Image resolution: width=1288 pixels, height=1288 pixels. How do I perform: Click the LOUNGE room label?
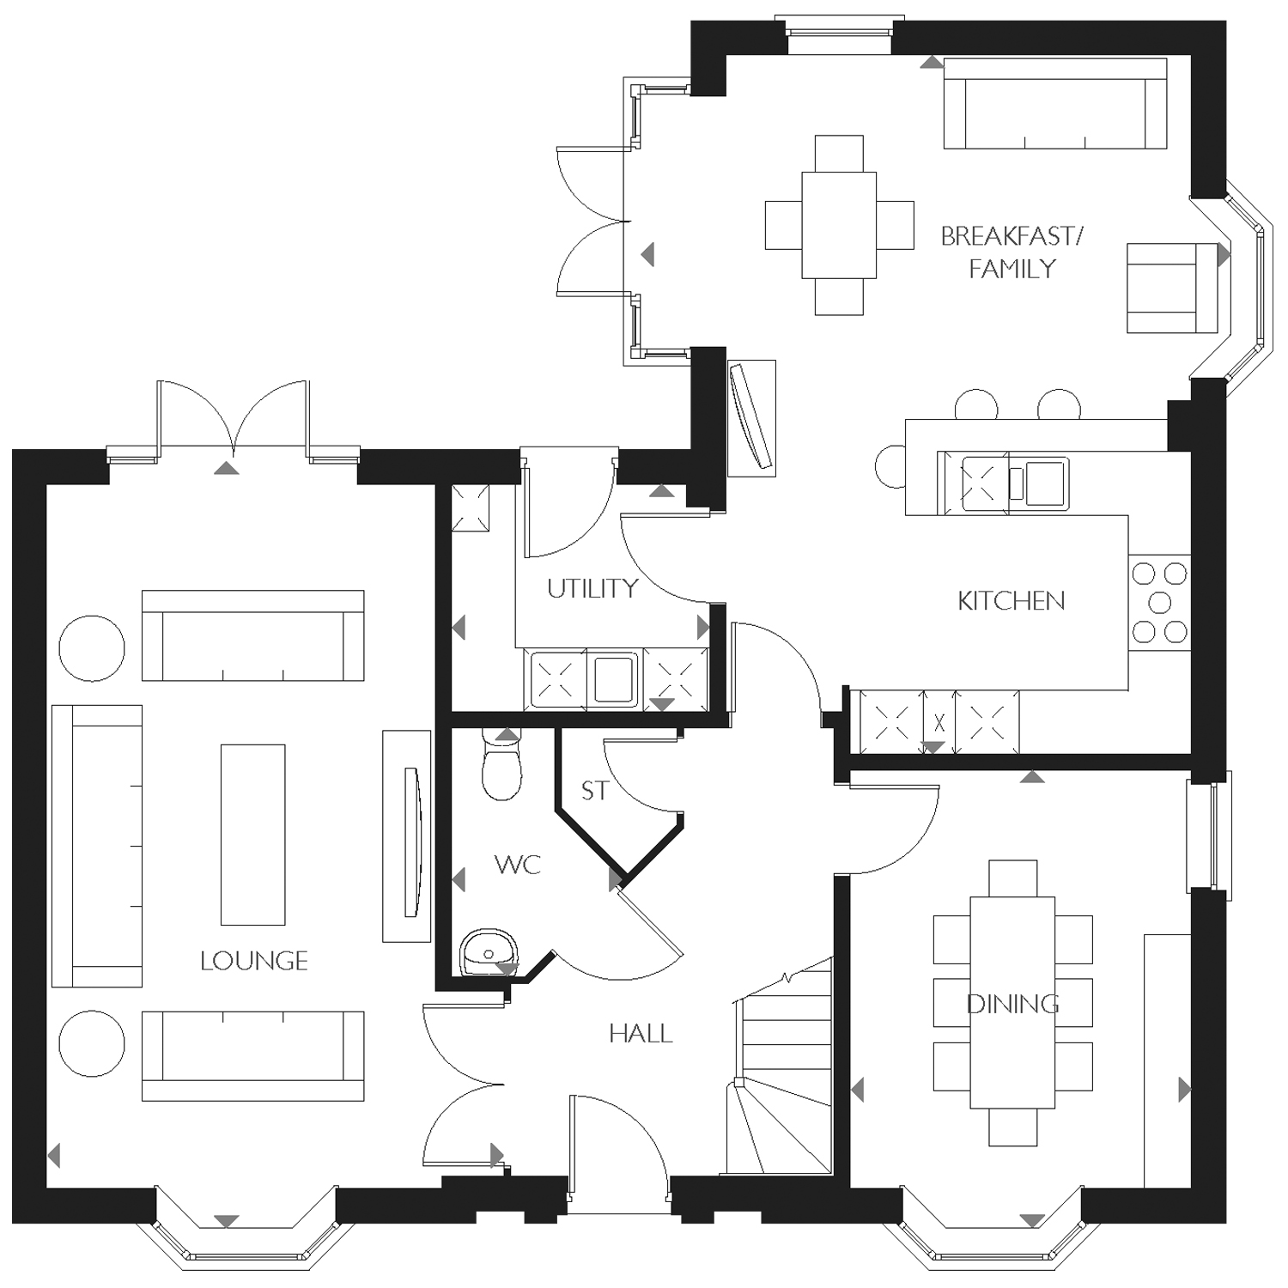coord(253,961)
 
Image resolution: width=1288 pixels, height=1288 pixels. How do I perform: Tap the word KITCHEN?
coord(1011,601)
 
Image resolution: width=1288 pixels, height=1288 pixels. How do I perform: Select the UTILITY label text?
coord(592,589)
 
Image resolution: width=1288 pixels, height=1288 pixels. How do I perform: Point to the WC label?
coord(518,865)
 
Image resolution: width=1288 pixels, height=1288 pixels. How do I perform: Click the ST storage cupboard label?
coord(594,791)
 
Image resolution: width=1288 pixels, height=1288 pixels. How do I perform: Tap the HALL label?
coord(641,1034)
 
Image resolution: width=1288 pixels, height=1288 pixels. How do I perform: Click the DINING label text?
coord(1012,1004)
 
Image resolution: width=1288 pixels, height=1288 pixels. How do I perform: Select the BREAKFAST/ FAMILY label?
coord(1012,252)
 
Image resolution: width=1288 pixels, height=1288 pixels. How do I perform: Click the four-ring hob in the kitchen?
coord(1159,602)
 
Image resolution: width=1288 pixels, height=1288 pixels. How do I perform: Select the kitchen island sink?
coord(1044,483)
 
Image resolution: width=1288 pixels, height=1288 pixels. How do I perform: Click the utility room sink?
coord(612,678)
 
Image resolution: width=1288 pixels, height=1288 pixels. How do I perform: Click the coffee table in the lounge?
coord(252,835)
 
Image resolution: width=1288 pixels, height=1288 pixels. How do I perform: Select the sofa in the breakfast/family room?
coord(1054,104)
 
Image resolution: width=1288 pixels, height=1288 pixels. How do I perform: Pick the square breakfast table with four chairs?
coord(839,225)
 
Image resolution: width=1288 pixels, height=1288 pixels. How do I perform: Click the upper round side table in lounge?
coord(92,648)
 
